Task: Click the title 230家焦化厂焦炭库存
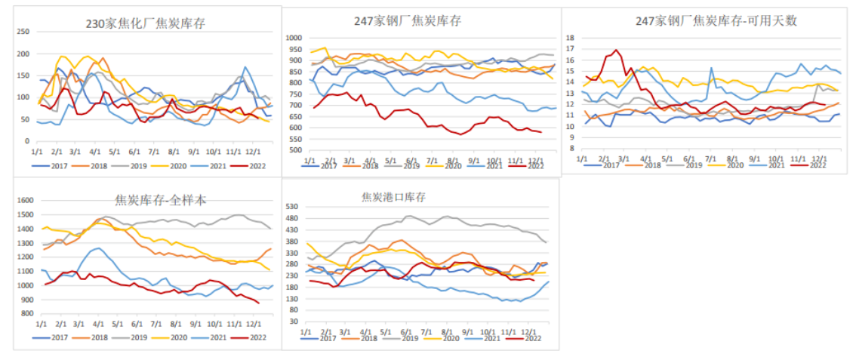[x=145, y=23]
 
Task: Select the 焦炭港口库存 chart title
[x=393, y=197]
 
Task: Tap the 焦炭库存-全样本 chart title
[x=161, y=200]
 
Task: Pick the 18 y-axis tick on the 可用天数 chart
[x=571, y=37]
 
